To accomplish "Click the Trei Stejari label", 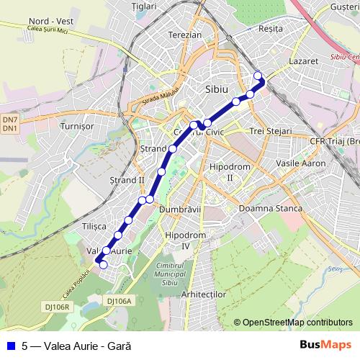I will coord(270,132).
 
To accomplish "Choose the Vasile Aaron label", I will coord(302,164).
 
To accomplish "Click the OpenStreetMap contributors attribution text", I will coord(297,323).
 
